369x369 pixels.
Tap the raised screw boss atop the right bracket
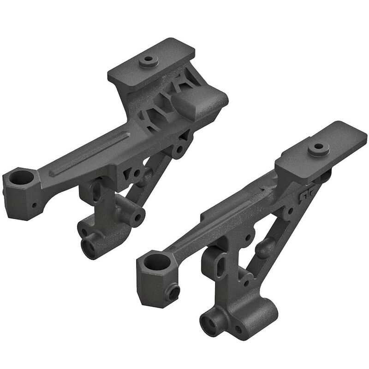317,148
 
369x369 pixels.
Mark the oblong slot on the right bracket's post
221,264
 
